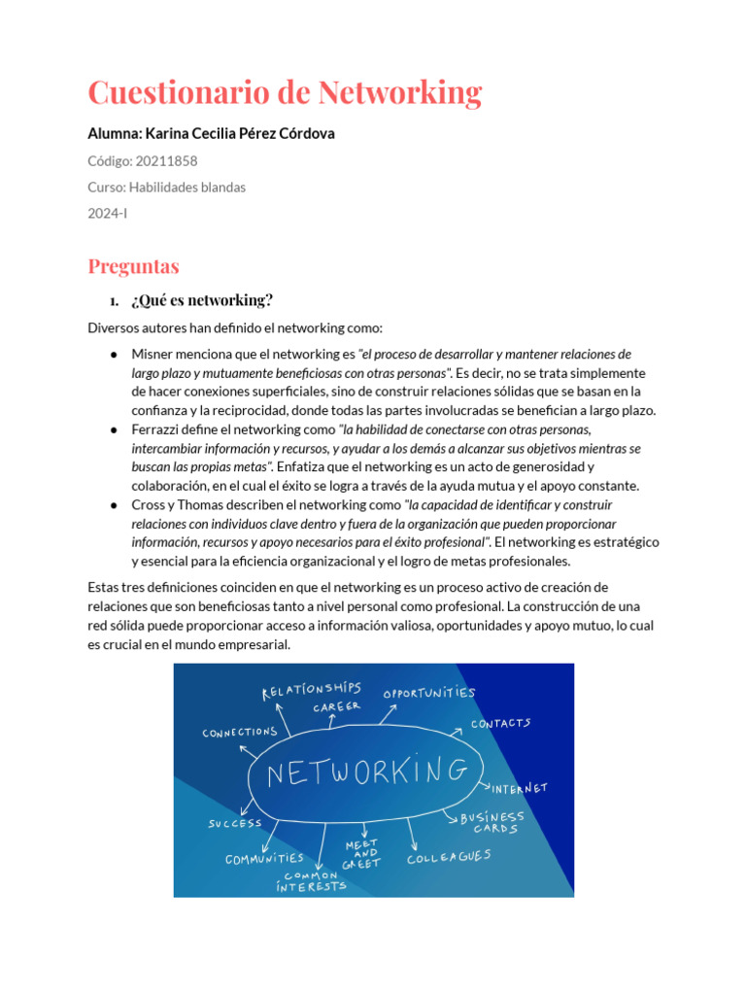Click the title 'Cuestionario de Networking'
coord(285,93)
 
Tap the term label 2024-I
coord(108,213)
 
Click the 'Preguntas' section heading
coord(133,265)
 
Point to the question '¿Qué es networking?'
coord(202,299)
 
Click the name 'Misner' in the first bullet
coord(153,355)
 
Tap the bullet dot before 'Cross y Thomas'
coord(114,505)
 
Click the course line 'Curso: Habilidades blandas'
coord(167,187)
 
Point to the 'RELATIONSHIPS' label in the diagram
coord(311,690)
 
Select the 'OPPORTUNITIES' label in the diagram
coord(429,694)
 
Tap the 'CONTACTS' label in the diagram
coord(501,724)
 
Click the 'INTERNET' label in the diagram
coord(520,788)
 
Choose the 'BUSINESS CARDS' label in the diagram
coord(492,823)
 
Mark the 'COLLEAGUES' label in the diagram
coord(449,857)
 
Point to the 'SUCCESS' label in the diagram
coord(235,824)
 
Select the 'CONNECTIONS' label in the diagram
coord(240,733)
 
